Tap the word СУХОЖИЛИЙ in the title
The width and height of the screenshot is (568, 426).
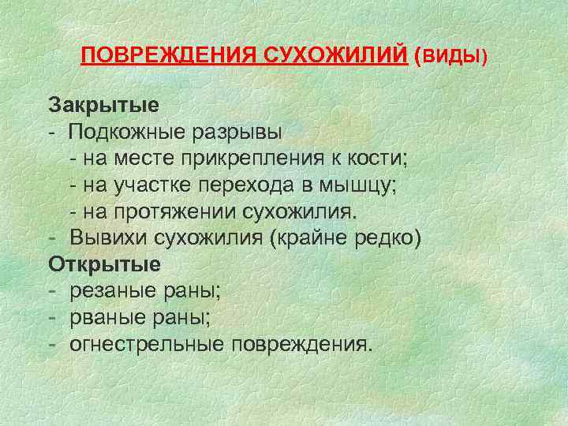[x=324, y=57]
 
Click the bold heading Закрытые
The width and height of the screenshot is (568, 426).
[x=104, y=105]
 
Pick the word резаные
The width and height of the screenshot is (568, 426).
[x=107, y=290]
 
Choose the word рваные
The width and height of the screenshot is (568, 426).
[x=104, y=316]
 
